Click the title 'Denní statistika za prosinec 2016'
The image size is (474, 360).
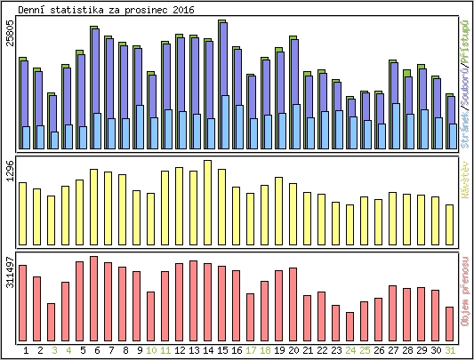coord(106,9)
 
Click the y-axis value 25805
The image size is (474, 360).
coord(11,44)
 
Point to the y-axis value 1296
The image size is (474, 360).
coord(11,172)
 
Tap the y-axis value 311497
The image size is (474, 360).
coord(11,276)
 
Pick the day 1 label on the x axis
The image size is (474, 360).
coord(26,351)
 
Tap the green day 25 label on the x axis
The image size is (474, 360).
coord(365,351)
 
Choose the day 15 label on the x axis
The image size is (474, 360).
coord(222,351)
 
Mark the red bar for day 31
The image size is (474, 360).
coord(449,323)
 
